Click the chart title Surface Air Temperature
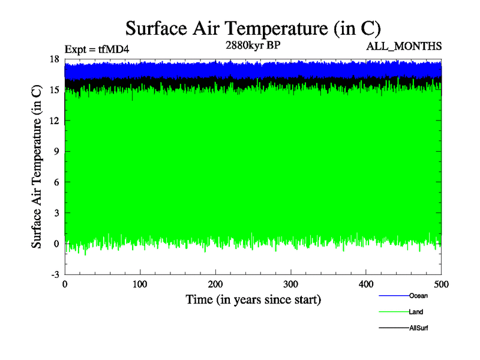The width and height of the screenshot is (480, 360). pyautogui.click(x=253, y=28)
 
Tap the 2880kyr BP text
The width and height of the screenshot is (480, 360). pyautogui.click(x=253, y=44)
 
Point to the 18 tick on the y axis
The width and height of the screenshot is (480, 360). pyautogui.click(x=53, y=59)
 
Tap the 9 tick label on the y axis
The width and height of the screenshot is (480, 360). pyautogui.click(x=56, y=151)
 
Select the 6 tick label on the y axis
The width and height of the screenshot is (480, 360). pyautogui.click(x=56, y=182)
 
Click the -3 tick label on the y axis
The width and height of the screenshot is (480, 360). pyautogui.click(x=54, y=274)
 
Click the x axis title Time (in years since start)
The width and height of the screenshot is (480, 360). pyautogui.click(x=253, y=299)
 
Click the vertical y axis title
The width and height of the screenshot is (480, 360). pyautogui.click(x=37, y=167)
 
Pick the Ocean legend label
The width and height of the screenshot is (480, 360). pyautogui.click(x=418, y=295)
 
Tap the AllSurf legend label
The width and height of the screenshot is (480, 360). pyautogui.click(x=418, y=328)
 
